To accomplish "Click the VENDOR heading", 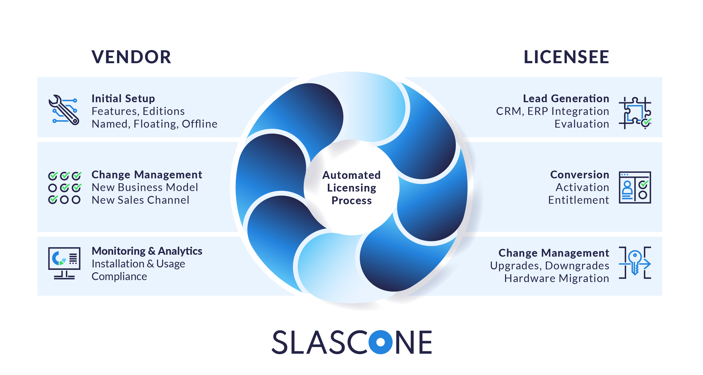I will click(131, 57).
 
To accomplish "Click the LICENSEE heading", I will click(566, 57).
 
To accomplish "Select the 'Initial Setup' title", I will click(123, 99).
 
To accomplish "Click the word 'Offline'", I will click(200, 124).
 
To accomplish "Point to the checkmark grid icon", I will click(64, 188).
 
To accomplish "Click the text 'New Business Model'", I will click(145, 187).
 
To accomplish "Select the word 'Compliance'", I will click(119, 276).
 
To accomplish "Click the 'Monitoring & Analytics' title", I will click(147, 251).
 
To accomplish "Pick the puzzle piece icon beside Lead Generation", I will click(635, 113).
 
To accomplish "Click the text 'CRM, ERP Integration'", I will click(552, 111).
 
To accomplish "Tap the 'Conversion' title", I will click(579, 175).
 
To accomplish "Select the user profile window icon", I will click(635, 187).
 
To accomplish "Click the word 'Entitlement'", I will click(579, 200).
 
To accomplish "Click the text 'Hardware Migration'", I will click(556, 278).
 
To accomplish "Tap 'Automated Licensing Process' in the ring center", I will click(351, 188).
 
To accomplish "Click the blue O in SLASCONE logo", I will click(380, 342).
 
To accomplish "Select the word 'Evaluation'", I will click(581, 124).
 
